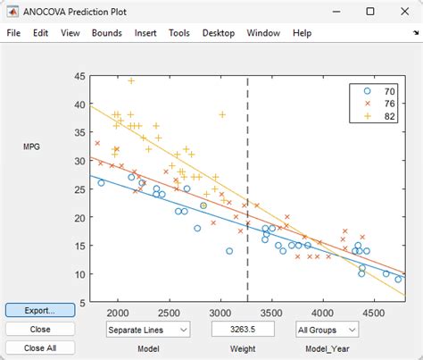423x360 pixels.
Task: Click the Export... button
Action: [x=33, y=311]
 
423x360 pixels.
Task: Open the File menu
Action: [x=13, y=33]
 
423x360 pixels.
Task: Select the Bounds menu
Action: [x=106, y=33]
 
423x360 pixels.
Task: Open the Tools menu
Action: [x=178, y=33]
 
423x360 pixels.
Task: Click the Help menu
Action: [x=302, y=33]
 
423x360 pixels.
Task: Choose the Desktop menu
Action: [x=219, y=33]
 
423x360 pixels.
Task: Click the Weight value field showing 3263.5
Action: [x=236, y=330]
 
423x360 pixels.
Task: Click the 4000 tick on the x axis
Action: [x=324, y=313]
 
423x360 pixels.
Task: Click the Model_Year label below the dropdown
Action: [x=323, y=348]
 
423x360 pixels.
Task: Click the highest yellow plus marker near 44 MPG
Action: [x=131, y=81]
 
